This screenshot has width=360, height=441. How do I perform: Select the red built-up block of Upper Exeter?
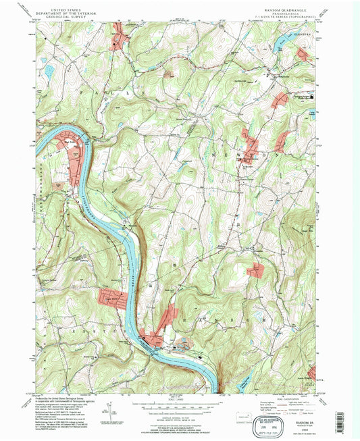(x=113, y=299)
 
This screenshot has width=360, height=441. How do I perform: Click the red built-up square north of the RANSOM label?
(x=256, y=271)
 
